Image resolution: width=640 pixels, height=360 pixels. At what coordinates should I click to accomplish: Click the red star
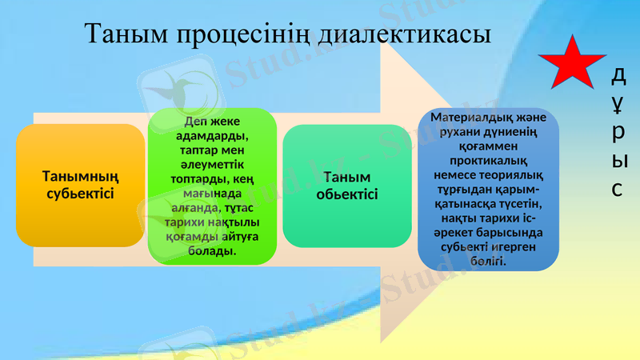(574, 63)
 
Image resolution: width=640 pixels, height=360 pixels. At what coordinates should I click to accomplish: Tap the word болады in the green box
(211, 250)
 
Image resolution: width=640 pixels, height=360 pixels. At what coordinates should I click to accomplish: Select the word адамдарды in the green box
(211, 135)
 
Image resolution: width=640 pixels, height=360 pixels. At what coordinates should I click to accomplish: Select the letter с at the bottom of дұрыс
(618, 189)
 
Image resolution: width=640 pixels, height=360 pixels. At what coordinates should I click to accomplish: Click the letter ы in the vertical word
(618, 161)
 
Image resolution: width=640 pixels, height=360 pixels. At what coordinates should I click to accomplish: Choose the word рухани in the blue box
(451, 132)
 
